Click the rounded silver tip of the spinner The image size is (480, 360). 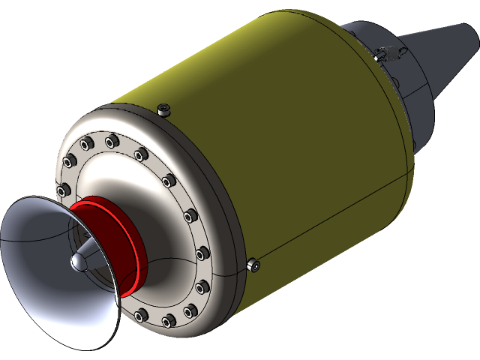(x=79, y=262)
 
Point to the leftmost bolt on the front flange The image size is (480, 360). (x=63, y=188)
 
